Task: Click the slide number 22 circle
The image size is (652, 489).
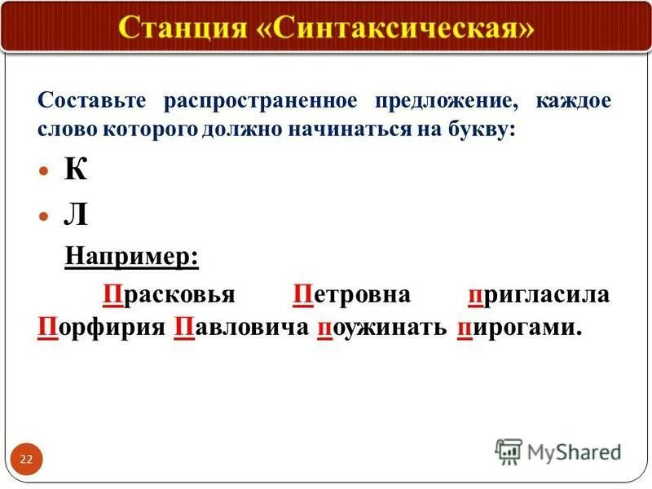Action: point(26,459)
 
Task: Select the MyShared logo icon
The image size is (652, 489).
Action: point(509,452)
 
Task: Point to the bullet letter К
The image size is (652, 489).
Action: point(76,171)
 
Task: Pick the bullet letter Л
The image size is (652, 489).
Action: point(76,214)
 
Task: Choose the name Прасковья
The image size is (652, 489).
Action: point(170,294)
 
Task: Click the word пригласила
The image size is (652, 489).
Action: point(539,294)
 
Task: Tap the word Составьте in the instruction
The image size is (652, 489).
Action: point(91,102)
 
